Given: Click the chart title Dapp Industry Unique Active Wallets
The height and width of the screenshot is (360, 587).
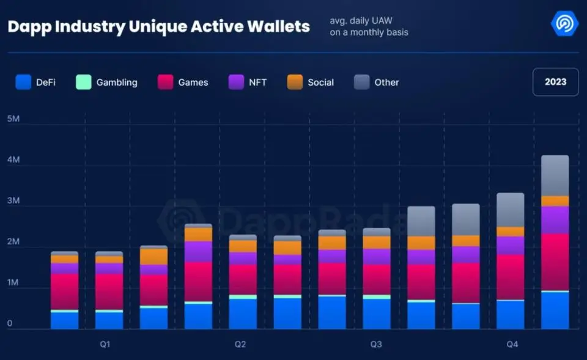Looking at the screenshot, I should (158, 26).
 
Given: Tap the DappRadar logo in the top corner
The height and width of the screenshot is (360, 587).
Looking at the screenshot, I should (564, 24).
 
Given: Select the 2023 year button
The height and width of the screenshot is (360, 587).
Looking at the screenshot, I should (555, 82).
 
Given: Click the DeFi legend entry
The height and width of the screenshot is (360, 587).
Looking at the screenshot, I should (36, 82).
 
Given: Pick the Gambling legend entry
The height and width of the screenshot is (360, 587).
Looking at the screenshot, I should (107, 82).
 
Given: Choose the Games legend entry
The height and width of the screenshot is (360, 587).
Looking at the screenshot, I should (183, 82).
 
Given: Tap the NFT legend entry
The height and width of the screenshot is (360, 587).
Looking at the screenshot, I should (248, 82).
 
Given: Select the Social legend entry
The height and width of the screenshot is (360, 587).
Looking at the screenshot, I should (311, 82).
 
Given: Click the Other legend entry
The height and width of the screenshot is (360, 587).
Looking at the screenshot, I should (377, 82).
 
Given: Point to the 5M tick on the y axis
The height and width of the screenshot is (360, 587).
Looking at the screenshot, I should (13, 119).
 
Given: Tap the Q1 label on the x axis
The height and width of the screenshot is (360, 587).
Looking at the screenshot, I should (105, 345).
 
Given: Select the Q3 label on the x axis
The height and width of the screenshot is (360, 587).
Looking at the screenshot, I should (376, 345).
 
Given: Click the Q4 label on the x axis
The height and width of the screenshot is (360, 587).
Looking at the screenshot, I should (512, 345).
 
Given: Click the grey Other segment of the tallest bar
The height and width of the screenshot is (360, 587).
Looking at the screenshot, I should (555, 175).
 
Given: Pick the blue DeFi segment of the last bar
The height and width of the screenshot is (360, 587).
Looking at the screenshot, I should (555, 310).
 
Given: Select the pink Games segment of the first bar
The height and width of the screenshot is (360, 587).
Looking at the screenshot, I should (64, 292).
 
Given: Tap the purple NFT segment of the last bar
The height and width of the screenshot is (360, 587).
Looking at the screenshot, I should (555, 219).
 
